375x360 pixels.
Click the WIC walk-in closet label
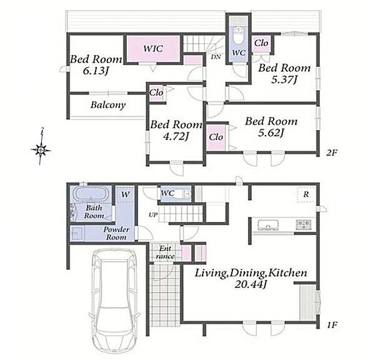point(153,49)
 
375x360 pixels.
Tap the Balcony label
point(108,105)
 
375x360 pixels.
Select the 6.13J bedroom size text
point(96,71)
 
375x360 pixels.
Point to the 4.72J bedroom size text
point(176,136)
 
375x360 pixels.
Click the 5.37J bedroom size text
point(284,79)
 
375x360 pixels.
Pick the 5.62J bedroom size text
point(271,132)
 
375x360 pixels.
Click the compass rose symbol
point(41,150)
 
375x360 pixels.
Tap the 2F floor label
point(331,152)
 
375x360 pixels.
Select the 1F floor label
point(332,325)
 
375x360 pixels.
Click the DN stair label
point(216,57)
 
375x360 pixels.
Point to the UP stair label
point(153,215)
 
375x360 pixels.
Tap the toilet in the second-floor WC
point(238,36)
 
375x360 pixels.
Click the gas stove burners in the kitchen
point(304,224)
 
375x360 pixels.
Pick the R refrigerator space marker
point(306,194)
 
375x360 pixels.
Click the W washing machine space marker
point(125,194)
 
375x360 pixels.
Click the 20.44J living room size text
point(251,284)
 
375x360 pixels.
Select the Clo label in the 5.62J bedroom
point(216,137)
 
